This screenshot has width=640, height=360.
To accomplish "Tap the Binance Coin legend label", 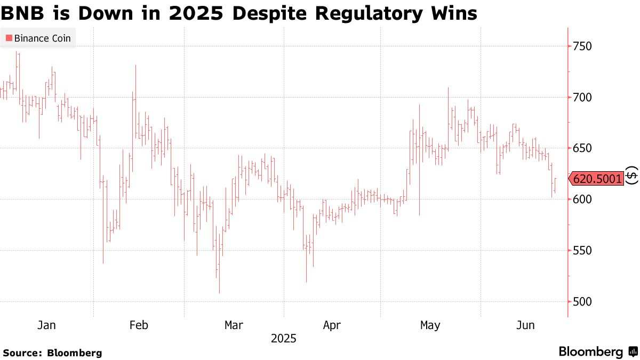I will tap(42, 38).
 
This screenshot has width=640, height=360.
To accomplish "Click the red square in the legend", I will tap(9, 38).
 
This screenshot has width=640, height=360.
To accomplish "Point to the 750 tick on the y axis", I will tap(583, 46).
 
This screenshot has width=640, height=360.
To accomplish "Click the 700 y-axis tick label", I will tap(583, 98).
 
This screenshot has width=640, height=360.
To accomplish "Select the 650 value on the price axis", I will tap(583, 148).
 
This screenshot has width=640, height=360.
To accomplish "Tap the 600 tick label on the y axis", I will tap(583, 199).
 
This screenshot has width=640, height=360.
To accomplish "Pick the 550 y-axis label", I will tap(583, 251).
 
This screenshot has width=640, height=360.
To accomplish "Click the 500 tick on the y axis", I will tap(583, 302).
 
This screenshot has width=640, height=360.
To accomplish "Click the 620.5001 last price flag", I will tap(597, 179).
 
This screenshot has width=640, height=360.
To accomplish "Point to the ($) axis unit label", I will tap(631, 175).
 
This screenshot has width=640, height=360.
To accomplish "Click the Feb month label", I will tap(139, 325).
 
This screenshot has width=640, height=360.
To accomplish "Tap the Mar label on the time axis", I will tap(234, 325).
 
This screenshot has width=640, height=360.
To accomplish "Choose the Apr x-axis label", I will tap(332, 325).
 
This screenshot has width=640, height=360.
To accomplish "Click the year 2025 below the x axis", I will tap(283, 339).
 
